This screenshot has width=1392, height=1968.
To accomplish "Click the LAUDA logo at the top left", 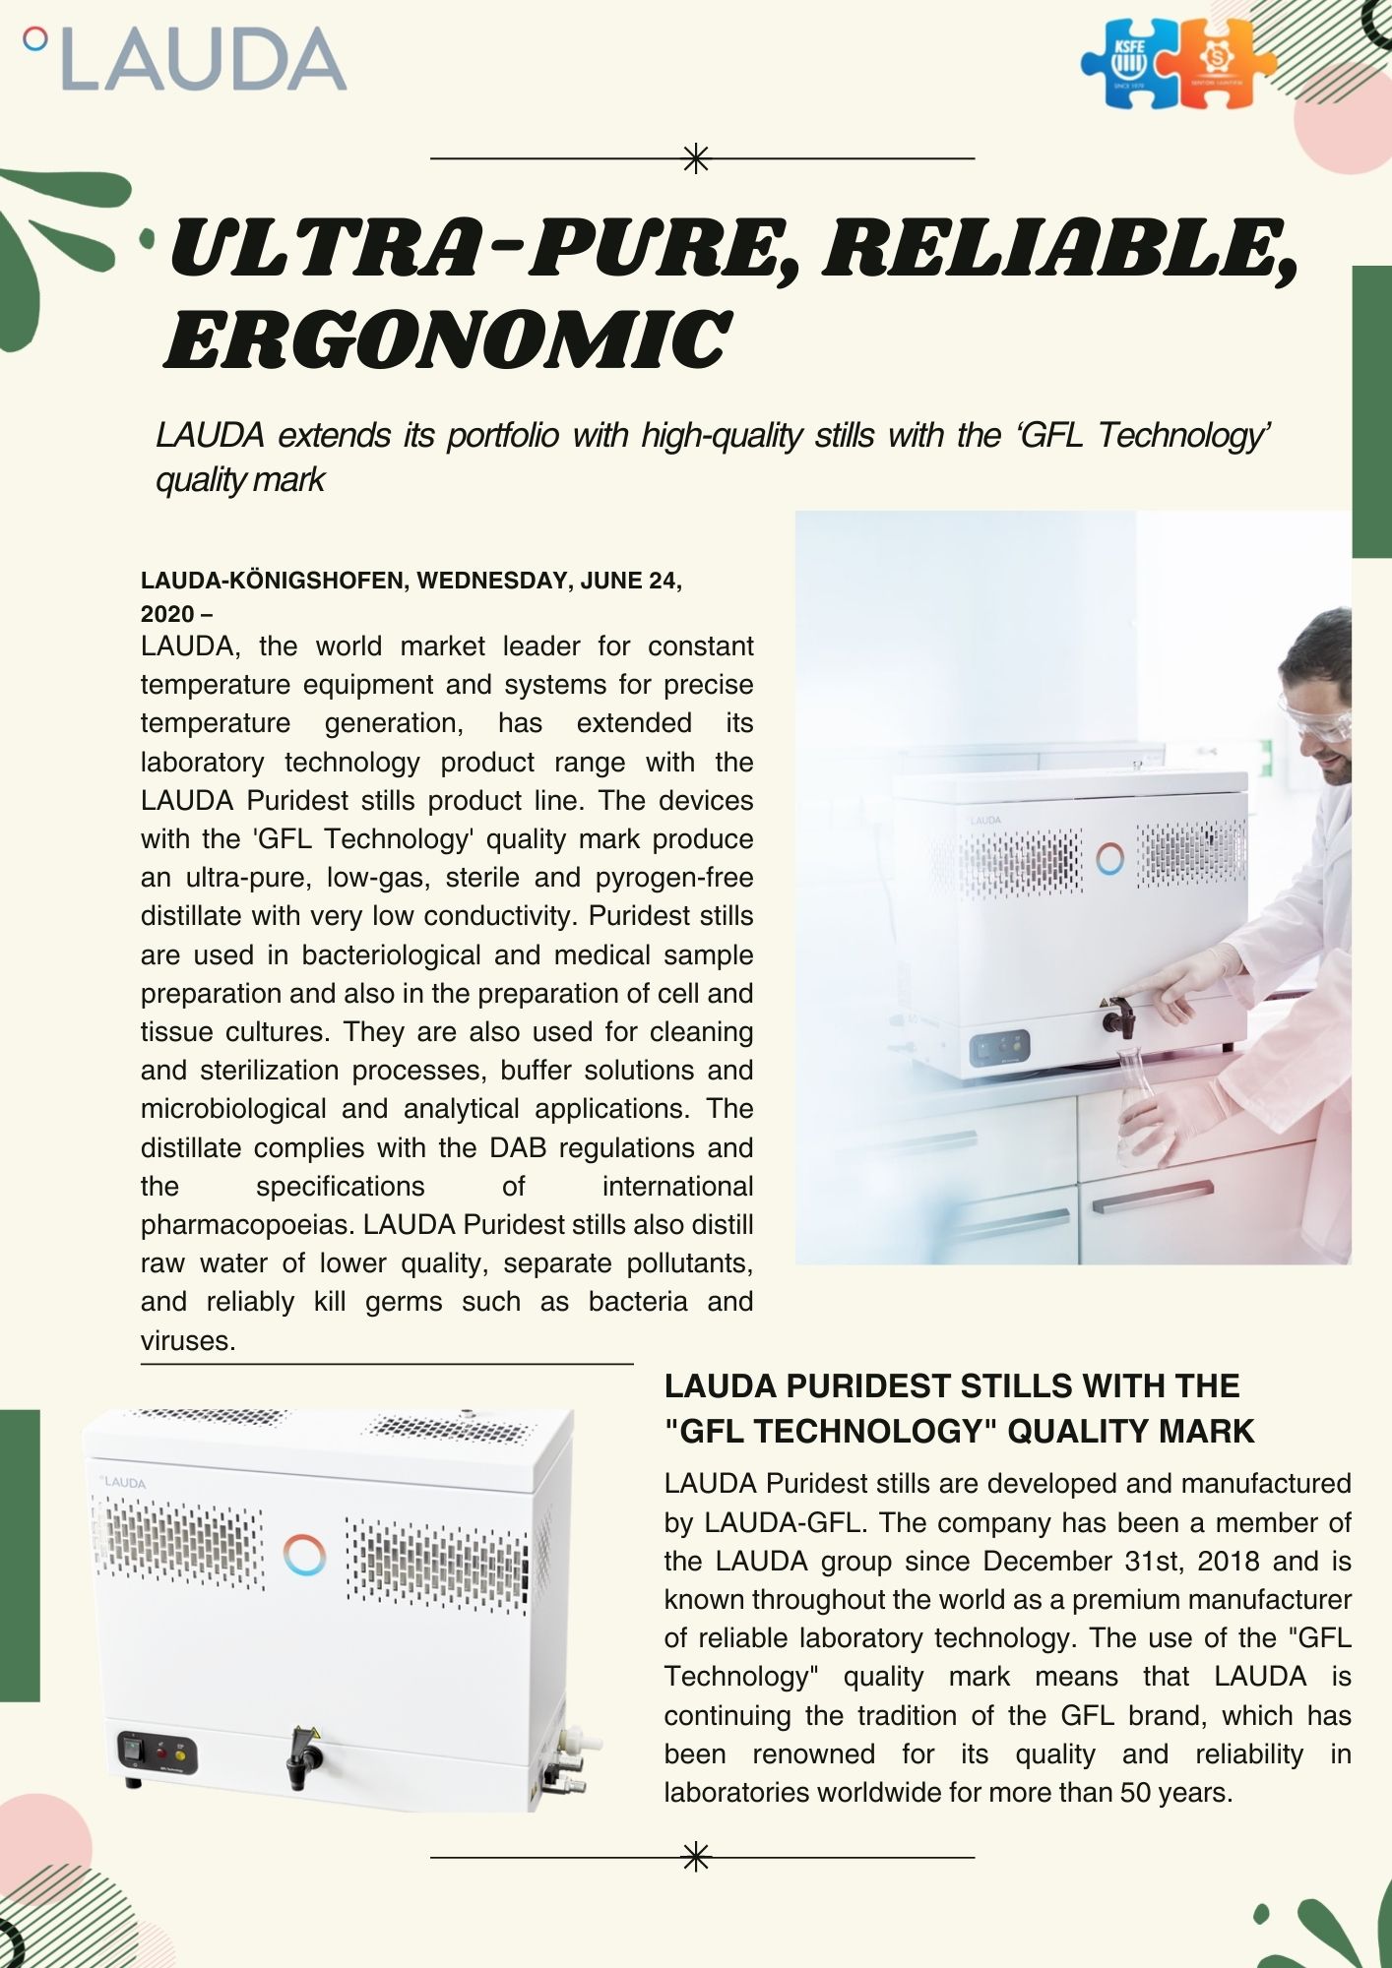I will pyautogui.click(x=187, y=59).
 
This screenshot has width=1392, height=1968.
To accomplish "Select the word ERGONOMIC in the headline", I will pyautogui.click(x=447, y=339).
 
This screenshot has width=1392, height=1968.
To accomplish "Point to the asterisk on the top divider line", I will pyautogui.click(x=696, y=158).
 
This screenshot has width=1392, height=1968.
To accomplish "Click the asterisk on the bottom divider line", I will pyautogui.click(x=696, y=1857).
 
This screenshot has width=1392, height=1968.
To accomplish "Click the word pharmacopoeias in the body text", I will pyautogui.click(x=248, y=1225).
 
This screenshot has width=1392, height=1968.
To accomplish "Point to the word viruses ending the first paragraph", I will pyautogui.click(x=187, y=1340).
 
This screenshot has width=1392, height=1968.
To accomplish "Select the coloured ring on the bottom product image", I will pyautogui.click(x=304, y=1555).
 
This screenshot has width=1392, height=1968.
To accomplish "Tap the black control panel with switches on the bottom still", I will pyautogui.click(x=158, y=1753).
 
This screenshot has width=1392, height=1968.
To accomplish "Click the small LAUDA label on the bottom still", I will pyautogui.click(x=122, y=1482).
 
